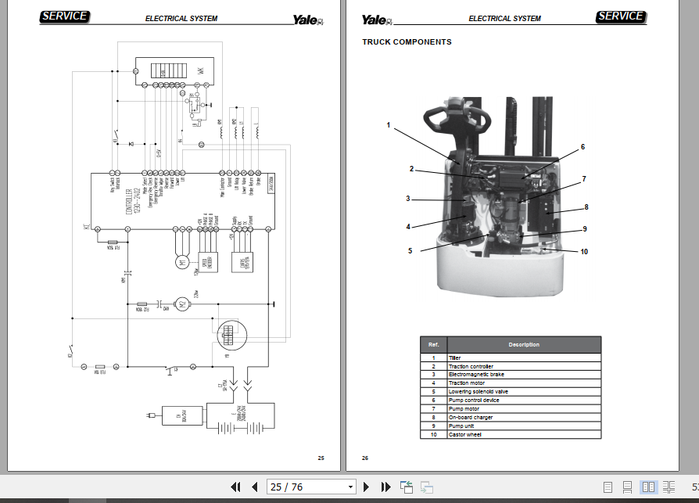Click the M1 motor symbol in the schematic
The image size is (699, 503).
coord(182,263)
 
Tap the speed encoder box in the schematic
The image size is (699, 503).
coord(210,264)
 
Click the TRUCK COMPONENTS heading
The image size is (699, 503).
coord(407,42)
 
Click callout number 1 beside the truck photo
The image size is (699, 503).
coord(388,125)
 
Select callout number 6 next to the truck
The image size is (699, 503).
coord(582,146)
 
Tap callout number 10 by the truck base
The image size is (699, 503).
coord(583,251)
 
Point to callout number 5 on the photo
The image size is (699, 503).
coord(410,251)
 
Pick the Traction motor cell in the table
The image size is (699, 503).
coord(467,383)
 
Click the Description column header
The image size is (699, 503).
coord(523,344)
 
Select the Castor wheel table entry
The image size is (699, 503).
coord(464,434)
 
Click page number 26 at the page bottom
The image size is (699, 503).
coord(365,458)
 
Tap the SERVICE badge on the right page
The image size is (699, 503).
coord(620,16)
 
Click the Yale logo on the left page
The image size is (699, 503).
coord(306,20)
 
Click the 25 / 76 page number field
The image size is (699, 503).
coord(310,487)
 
